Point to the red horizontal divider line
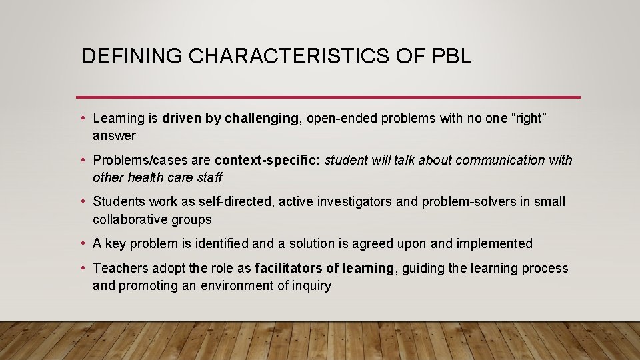(x=328, y=97)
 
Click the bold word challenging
(x=261, y=119)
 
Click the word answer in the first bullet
(x=114, y=136)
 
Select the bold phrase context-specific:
(x=267, y=161)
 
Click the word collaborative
(x=131, y=220)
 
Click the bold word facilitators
(x=288, y=269)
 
